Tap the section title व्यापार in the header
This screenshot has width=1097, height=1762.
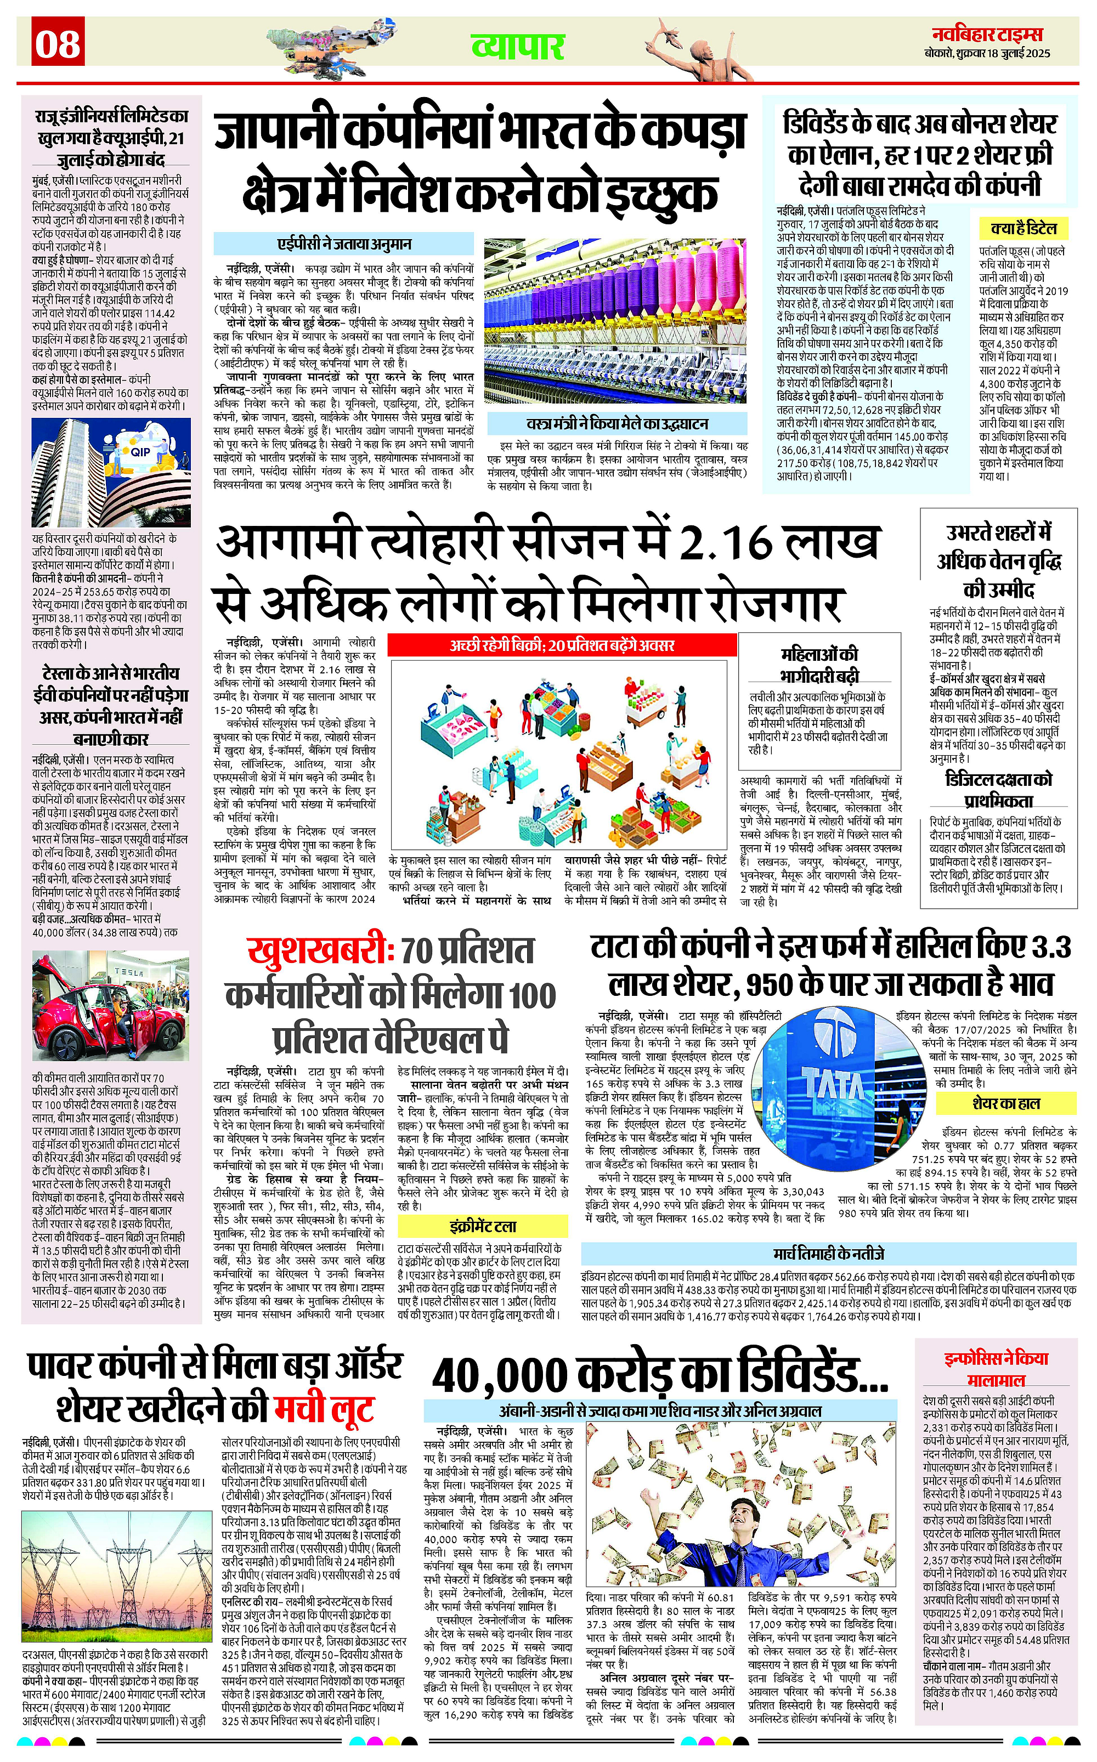pos(517,47)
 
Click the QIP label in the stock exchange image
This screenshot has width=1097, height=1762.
pos(139,451)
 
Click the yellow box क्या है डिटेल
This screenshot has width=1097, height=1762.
pos(1023,229)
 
